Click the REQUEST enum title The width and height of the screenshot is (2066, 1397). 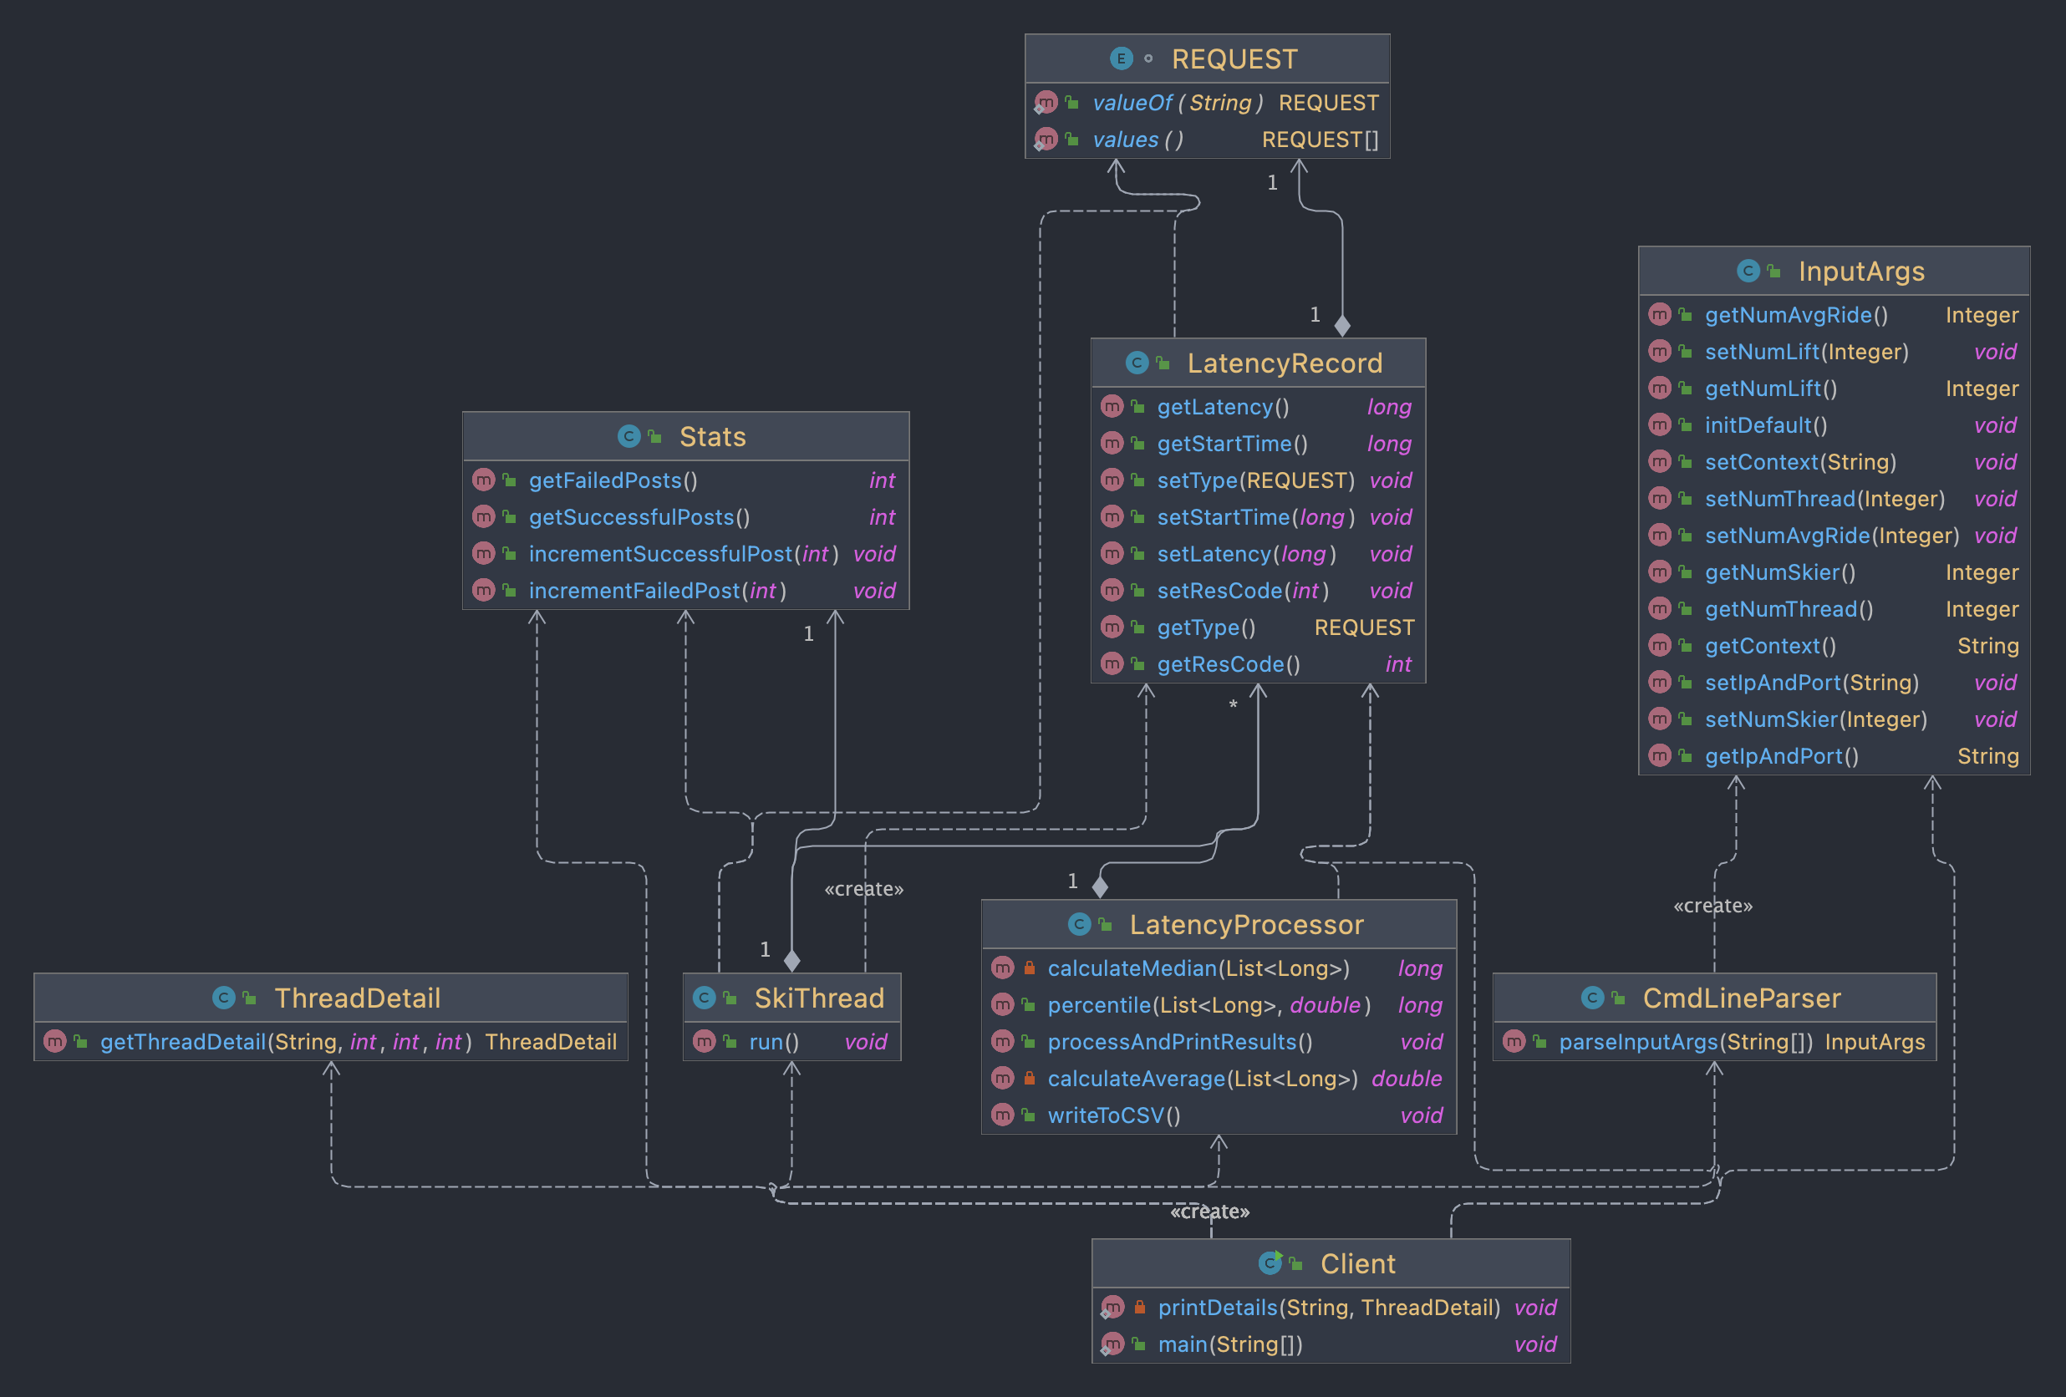pyautogui.click(x=1234, y=58)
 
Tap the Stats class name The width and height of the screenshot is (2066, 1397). pyautogui.click(x=712, y=436)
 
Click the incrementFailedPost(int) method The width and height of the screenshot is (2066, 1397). pyautogui.click(x=657, y=590)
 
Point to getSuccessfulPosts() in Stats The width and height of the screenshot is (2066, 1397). pyautogui.click(x=639, y=517)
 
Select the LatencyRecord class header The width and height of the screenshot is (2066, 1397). pyautogui.click(x=1284, y=363)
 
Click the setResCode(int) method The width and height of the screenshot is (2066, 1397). pyautogui.click(x=1242, y=590)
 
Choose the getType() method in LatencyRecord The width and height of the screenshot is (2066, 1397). pyautogui.click(x=1205, y=627)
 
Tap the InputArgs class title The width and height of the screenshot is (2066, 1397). pyautogui.click(x=1860, y=271)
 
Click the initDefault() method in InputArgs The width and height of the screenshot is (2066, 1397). pyautogui.click(x=1765, y=424)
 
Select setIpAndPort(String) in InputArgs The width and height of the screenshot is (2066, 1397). pyautogui.click(x=1811, y=683)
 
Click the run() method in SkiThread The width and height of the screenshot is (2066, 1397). pyautogui.click(x=773, y=1042)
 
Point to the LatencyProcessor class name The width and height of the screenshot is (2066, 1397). pyautogui.click(x=1245, y=924)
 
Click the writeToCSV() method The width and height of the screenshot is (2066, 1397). pyautogui.click(x=1113, y=1115)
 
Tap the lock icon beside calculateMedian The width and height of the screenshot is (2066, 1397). pyautogui.click(x=1029, y=968)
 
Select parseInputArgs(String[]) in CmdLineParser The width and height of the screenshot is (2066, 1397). pyautogui.click(x=1685, y=1042)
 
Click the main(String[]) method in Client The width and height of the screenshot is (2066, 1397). pyautogui.click(x=1229, y=1344)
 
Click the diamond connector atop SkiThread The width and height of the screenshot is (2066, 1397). pyautogui.click(x=791, y=960)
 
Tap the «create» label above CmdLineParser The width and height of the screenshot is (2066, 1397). pyautogui.click(x=1712, y=906)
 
